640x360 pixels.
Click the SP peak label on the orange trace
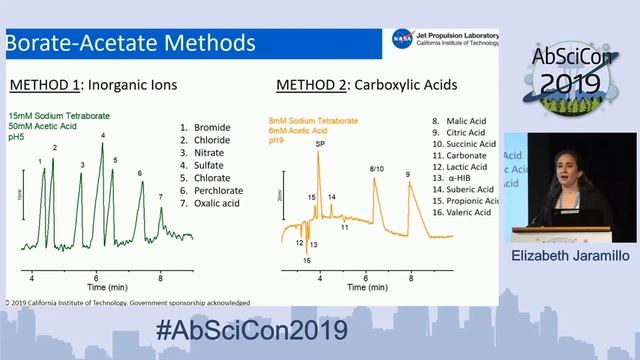pyautogui.click(x=320, y=144)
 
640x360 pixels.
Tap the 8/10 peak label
pyautogui.click(x=376, y=169)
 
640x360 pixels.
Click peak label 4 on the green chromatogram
pyautogui.click(x=103, y=135)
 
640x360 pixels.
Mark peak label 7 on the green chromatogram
pyautogui.click(x=160, y=197)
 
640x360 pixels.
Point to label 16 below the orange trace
pyautogui.click(x=307, y=260)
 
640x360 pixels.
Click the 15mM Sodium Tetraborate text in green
pyautogui.click(x=59, y=117)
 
